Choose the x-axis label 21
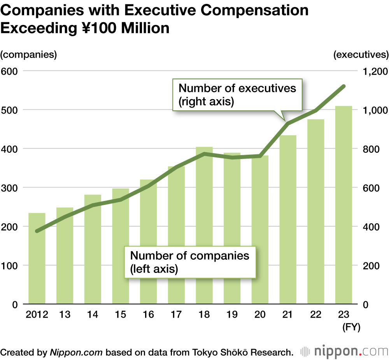(287, 315)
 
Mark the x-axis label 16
(148, 315)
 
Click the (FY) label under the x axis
(351, 327)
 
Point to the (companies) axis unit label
(29, 54)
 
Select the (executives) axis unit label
(361, 54)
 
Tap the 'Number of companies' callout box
(190, 262)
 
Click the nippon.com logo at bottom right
(345, 352)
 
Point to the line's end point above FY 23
(343, 86)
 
